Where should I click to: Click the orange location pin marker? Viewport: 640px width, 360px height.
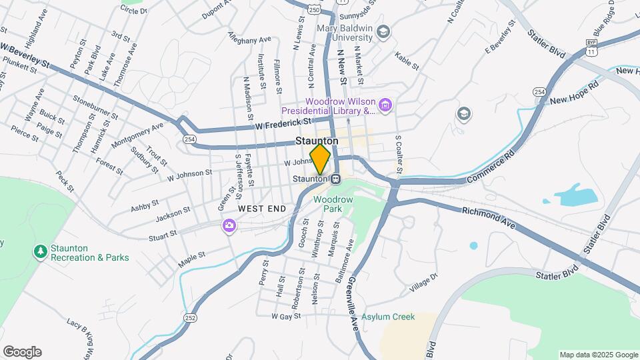(x=320, y=159)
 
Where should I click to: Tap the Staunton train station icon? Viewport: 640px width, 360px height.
(x=336, y=179)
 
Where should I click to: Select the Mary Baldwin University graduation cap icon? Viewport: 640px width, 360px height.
(x=383, y=32)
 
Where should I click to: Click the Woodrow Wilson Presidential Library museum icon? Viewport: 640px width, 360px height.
(x=385, y=105)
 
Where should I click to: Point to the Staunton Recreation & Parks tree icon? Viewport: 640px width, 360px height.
(x=41, y=251)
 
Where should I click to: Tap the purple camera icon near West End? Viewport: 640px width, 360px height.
(x=229, y=226)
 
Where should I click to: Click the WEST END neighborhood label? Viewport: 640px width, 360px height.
(x=261, y=209)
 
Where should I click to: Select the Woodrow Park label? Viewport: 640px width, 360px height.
(x=327, y=204)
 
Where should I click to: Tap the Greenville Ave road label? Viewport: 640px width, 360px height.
(x=351, y=306)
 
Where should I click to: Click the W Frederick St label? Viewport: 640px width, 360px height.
(x=283, y=123)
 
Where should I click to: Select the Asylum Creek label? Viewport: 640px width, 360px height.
(x=389, y=317)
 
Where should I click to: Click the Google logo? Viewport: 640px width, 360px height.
(x=22, y=352)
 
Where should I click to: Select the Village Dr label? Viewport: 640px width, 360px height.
(x=424, y=283)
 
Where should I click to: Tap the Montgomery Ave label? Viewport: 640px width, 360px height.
(x=137, y=134)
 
